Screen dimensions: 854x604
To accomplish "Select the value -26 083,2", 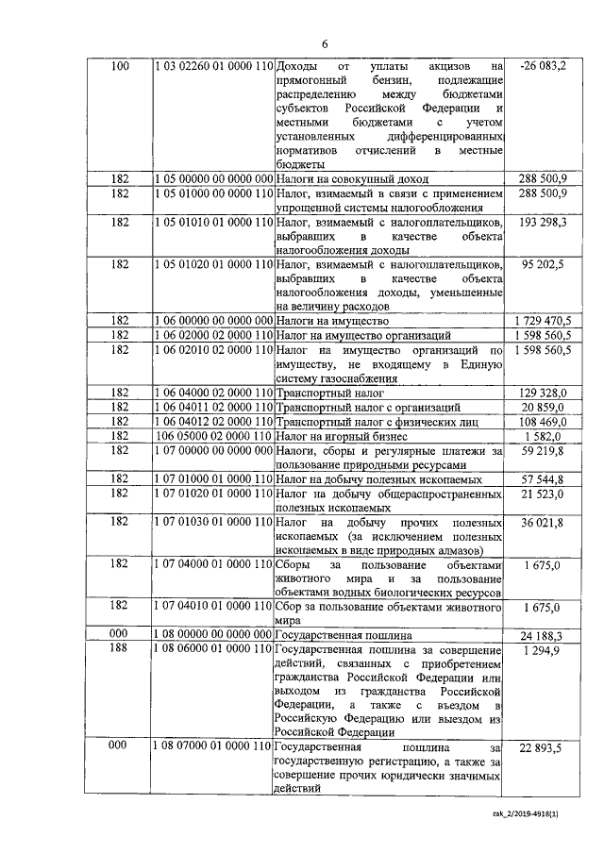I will click(x=543, y=67).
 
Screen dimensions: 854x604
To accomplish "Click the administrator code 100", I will click(x=120, y=67).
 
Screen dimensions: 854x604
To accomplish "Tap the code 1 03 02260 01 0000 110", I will click(x=213, y=67).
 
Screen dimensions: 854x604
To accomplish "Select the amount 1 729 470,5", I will click(x=543, y=321).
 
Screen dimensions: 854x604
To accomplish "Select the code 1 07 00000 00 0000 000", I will click(x=213, y=451).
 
